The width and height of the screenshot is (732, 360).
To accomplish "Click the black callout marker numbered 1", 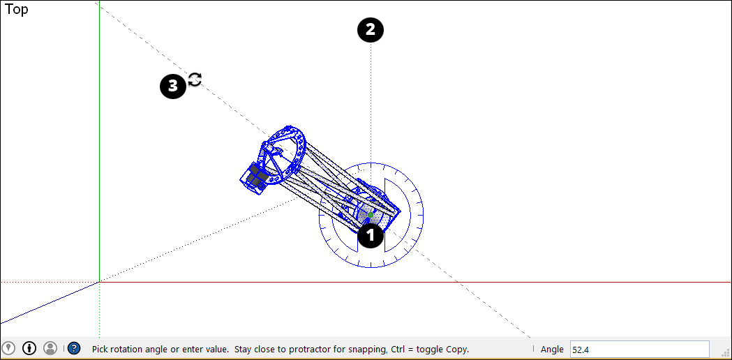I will (x=371, y=236).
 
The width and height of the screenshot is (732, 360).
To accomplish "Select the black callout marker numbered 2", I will (x=371, y=30).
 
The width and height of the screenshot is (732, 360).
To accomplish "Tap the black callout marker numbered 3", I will (x=172, y=86).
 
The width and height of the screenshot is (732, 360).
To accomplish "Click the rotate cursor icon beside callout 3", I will (x=195, y=80).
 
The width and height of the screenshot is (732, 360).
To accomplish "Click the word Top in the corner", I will (x=17, y=10).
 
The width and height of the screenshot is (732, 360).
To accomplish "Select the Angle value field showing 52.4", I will (x=638, y=349).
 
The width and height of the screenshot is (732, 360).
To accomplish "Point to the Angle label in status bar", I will (x=552, y=349).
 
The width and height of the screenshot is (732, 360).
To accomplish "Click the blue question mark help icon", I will (x=74, y=348).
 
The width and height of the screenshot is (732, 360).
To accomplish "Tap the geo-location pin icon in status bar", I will (x=9, y=348).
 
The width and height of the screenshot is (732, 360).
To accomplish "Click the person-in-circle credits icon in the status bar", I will (x=29, y=348).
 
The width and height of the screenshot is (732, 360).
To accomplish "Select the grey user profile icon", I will (x=50, y=348).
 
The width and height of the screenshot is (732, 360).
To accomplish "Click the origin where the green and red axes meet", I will (x=99, y=282).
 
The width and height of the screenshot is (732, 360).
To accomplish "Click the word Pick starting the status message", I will (x=100, y=349).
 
